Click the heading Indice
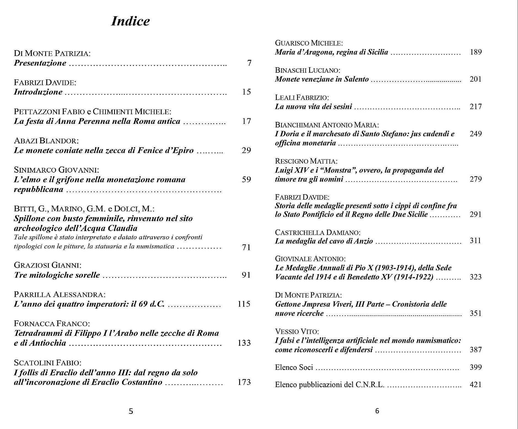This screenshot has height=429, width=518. (x=130, y=21)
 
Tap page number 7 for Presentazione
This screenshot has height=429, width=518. (x=249, y=63)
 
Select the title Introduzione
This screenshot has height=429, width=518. (x=38, y=92)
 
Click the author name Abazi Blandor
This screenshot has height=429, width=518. (x=46, y=141)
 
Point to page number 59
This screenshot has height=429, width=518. (x=246, y=179)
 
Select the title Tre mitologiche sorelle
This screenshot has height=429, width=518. (x=57, y=275)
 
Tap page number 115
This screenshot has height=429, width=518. (x=244, y=304)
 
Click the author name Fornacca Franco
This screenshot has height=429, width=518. (x=52, y=323)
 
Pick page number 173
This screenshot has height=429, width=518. (x=244, y=382)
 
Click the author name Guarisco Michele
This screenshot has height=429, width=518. (x=309, y=43)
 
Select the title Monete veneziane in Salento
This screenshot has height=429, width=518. (x=322, y=79)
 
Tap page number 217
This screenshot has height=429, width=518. (x=476, y=106)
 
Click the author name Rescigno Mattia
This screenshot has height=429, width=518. (x=306, y=161)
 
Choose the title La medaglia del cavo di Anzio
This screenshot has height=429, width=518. (x=324, y=241)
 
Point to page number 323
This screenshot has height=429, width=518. (x=476, y=277)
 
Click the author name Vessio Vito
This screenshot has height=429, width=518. (x=297, y=331)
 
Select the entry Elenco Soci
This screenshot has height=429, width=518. (x=294, y=367)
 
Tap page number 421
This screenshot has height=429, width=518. (x=476, y=384)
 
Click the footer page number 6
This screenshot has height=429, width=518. (x=377, y=411)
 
